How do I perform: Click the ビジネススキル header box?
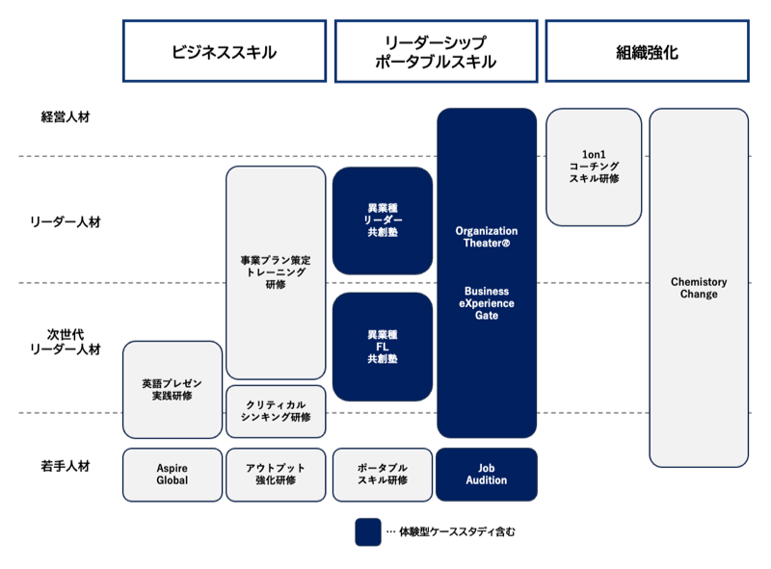224,52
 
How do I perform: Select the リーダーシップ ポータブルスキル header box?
435,52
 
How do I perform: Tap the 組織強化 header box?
647,52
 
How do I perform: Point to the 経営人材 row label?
66,117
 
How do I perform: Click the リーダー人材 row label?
66,221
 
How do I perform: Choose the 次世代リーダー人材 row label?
66,342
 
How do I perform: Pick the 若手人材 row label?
66,466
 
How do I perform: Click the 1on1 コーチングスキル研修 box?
594,167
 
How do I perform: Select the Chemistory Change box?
699,288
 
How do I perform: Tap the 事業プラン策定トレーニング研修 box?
276,272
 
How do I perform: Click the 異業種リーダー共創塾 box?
383,220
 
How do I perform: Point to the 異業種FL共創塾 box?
383,347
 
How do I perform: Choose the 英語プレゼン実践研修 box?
173,390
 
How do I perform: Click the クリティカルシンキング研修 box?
276,411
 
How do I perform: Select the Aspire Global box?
173,475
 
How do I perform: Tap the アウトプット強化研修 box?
276,475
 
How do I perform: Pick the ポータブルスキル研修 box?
383,475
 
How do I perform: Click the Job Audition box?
487,475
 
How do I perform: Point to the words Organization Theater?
487,238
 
